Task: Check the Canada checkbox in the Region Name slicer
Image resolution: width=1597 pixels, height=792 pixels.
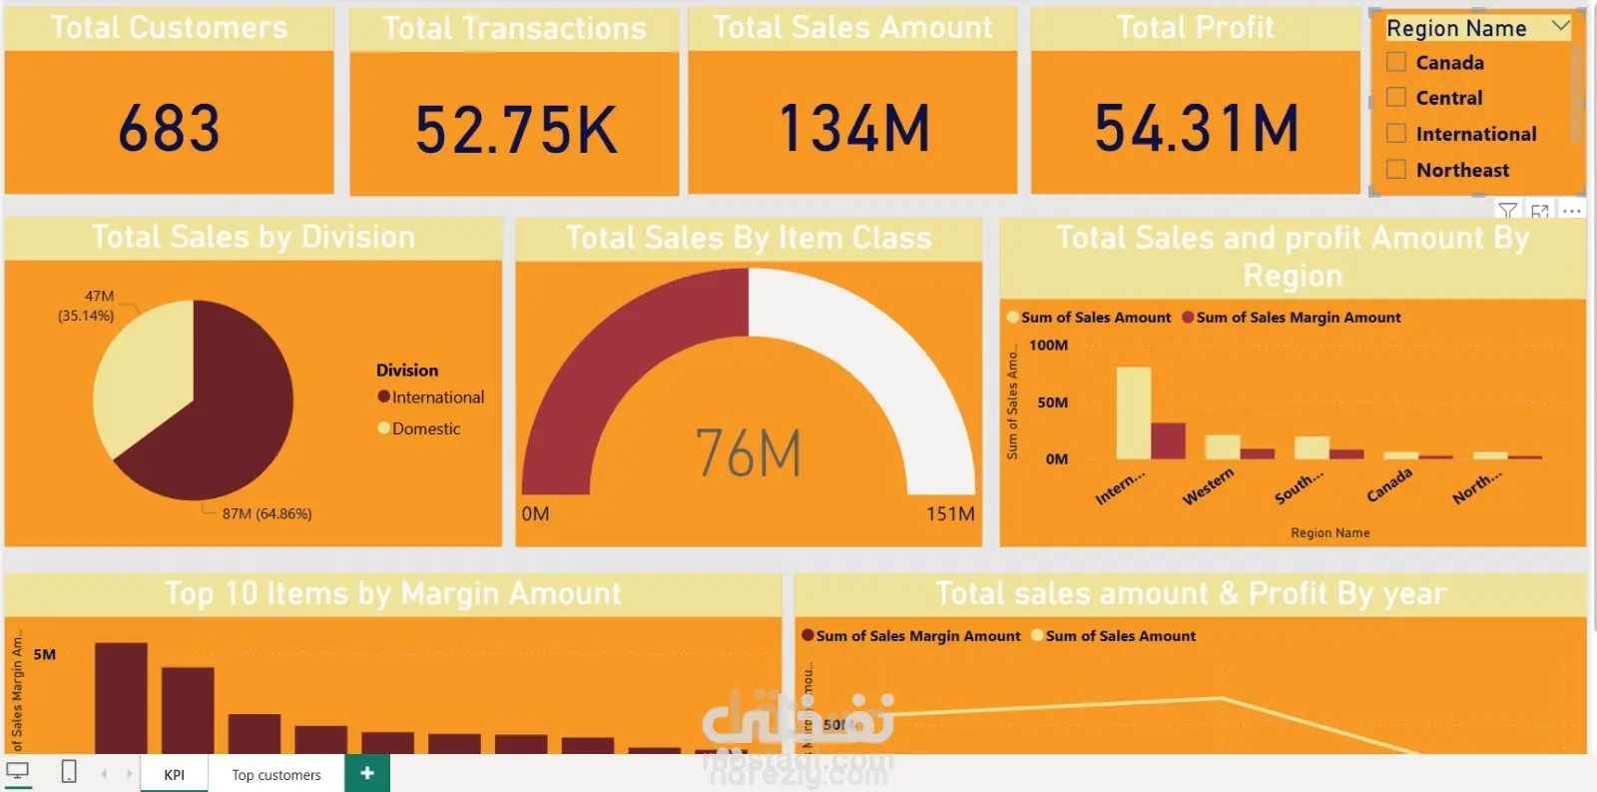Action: coord(1396,62)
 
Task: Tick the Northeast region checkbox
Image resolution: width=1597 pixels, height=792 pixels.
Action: coord(1396,169)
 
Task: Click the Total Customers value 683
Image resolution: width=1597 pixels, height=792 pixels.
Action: coord(169,129)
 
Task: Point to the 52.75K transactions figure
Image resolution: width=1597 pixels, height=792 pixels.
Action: coord(515,131)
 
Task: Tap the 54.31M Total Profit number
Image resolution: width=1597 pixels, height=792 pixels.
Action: coord(1196,129)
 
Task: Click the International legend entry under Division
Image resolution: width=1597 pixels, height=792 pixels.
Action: coord(437,397)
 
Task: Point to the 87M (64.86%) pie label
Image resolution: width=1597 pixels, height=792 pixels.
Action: coord(266,514)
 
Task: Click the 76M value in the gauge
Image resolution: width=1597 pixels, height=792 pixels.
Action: coord(749,453)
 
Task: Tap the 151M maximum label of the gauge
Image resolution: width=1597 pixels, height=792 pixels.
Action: coord(949,514)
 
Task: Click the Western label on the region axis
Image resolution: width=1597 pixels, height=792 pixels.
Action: coord(1208,486)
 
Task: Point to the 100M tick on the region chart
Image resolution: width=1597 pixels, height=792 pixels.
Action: coord(1048,346)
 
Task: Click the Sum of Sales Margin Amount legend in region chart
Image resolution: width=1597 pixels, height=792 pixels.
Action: coord(1298,318)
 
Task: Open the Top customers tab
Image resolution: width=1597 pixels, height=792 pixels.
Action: coord(276,775)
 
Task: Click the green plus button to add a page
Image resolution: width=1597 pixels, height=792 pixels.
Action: coord(367,773)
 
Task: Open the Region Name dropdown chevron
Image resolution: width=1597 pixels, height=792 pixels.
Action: coord(1561,27)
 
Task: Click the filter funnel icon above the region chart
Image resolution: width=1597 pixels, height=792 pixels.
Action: coord(1507,211)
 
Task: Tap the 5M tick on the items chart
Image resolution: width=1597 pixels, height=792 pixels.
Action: coord(45,655)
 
